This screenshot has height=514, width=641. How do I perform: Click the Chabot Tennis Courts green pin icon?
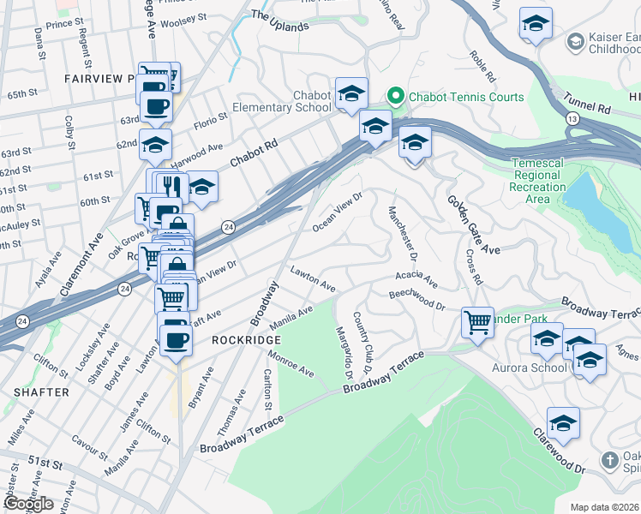[396, 94]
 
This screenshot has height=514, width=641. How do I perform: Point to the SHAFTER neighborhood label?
[40, 392]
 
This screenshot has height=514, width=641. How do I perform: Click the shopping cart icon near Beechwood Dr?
[477, 323]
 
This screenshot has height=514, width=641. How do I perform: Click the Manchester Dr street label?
[402, 234]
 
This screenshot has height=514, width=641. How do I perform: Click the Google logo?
[27, 504]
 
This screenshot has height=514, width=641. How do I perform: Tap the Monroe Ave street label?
[291, 364]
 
